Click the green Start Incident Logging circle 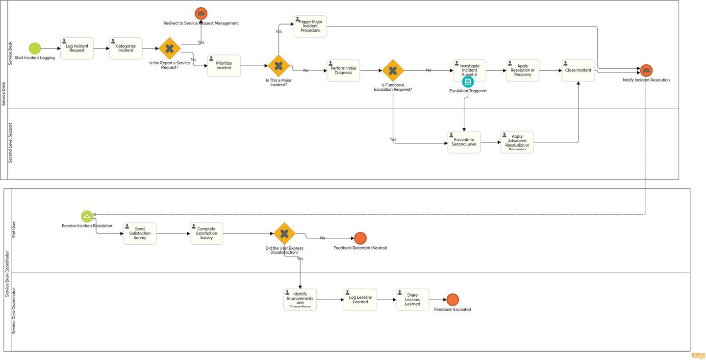[35, 49]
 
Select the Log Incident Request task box [77, 49]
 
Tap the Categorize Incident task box [126, 49]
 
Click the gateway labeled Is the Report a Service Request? [170, 49]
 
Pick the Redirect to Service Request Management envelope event [201, 14]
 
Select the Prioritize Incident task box [224, 66]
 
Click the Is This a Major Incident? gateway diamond [278, 66]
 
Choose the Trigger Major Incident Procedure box [310, 26]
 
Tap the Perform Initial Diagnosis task [343, 71]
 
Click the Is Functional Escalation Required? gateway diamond [393, 71]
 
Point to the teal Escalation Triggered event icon [468, 82]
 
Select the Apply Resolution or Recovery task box [523, 71]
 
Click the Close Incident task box [578, 71]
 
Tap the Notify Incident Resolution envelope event [646, 71]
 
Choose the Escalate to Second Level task [464, 142]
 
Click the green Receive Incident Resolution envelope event [87, 216]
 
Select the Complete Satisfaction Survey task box [206, 233]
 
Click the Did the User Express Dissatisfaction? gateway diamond [284, 233]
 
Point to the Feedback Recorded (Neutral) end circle [360, 238]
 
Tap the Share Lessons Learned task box [412, 300]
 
